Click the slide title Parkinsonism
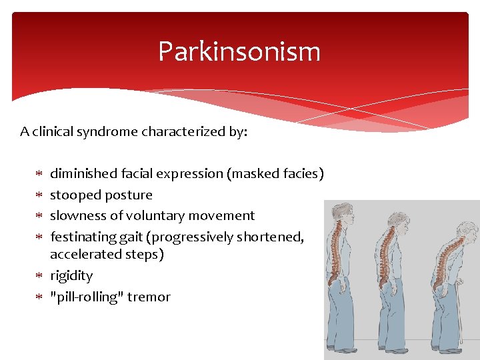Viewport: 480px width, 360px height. [x=239, y=51]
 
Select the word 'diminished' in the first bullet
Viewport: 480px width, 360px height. [x=84, y=174]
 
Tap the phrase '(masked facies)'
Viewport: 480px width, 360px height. [x=275, y=174]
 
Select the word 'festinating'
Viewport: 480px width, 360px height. [x=84, y=237]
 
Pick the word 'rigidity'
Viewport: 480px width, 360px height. [x=71, y=276]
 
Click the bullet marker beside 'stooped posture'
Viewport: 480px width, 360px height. [x=39, y=195]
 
